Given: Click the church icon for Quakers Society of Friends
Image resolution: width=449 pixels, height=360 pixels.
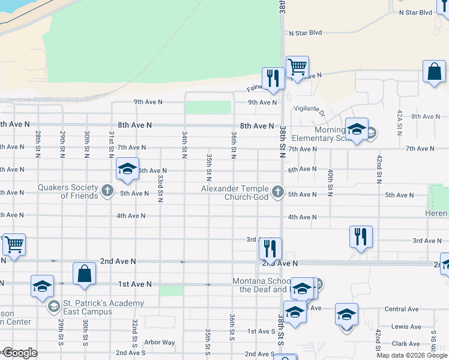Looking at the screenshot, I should tap(107, 191).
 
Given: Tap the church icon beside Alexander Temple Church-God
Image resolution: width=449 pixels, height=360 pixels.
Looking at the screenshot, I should tap(277, 191).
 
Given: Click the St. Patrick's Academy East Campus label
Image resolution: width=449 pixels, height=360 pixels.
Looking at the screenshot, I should tap(96, 307).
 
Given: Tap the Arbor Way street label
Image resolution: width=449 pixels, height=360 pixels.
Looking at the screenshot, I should tap(160, 343).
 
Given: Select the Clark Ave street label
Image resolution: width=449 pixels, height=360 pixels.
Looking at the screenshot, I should tap(406, 344).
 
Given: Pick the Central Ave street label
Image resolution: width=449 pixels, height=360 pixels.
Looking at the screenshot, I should tap(402, 309).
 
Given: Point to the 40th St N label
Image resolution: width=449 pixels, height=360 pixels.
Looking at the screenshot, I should tap(330, 182).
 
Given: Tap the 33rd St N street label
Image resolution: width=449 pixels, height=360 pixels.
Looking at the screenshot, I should tap(160, 189).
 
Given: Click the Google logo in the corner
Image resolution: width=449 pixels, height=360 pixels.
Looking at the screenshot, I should tap(19, 353).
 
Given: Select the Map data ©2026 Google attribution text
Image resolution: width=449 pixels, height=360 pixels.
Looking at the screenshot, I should tap(411, 355).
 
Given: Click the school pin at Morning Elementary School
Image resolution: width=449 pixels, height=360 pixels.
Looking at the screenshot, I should tap(357, 130).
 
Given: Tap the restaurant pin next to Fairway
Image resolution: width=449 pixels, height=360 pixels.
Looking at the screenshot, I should tap(273, 79).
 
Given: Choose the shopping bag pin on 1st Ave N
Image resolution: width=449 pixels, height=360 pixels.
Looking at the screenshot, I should tap(84, 274).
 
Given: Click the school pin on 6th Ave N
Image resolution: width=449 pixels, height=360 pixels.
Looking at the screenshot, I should tap(127, 170).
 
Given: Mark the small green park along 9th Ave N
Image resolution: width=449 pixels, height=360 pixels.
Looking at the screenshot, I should tap(208, 107).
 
